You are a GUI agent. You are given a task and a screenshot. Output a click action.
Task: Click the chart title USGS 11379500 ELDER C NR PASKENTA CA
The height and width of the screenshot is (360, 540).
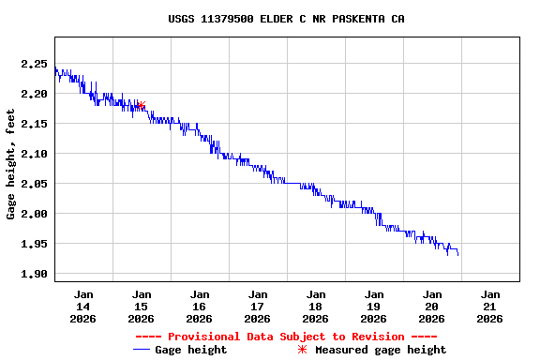[x=286, y=19]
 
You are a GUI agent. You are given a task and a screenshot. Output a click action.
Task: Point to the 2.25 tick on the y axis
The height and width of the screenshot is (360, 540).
[x=34, y=64]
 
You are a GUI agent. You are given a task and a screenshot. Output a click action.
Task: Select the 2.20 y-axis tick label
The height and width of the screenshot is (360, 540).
[x=34, y=94]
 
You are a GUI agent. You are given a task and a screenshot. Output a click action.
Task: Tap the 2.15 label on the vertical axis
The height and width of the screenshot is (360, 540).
[x=34, y=124]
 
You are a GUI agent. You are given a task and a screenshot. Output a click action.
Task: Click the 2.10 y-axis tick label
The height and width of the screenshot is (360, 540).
[x=34, y=154]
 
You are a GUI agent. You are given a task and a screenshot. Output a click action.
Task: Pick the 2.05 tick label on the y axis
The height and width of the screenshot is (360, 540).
[x=34, y=184]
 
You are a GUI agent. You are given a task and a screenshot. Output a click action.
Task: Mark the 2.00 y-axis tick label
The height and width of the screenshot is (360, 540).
[x=34, y=214]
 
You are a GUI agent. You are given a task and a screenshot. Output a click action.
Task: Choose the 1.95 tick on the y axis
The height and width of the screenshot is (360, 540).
[x=34, y=244]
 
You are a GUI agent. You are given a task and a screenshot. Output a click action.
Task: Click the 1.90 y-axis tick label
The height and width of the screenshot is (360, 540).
[x=34, y=274]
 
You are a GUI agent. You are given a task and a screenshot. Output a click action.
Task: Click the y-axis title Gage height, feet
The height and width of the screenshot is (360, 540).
[x=11, y=164]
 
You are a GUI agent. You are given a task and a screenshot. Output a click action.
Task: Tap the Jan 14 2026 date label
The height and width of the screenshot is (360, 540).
[x=83, y=306]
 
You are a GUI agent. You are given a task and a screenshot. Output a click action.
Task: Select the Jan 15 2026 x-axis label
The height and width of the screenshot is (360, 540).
[x=142, y=306]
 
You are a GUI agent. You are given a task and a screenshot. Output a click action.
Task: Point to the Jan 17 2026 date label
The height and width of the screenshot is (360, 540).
[x=258, y=306]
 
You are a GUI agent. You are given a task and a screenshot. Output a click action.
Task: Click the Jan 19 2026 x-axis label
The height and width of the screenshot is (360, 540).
[x=374, y=306]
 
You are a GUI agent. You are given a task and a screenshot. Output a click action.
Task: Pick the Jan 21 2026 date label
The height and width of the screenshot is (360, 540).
[x=489, y=306]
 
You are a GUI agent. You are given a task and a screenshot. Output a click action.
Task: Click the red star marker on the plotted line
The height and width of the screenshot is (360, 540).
[x=141, y=106]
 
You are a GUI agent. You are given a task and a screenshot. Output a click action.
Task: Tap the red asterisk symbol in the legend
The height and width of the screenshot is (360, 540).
[x=302, y=350]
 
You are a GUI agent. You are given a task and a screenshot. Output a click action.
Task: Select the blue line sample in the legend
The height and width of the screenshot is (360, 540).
[x=142, y=350]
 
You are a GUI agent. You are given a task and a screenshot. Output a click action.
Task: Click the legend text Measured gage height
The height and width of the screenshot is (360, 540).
[x=381, y=350]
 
